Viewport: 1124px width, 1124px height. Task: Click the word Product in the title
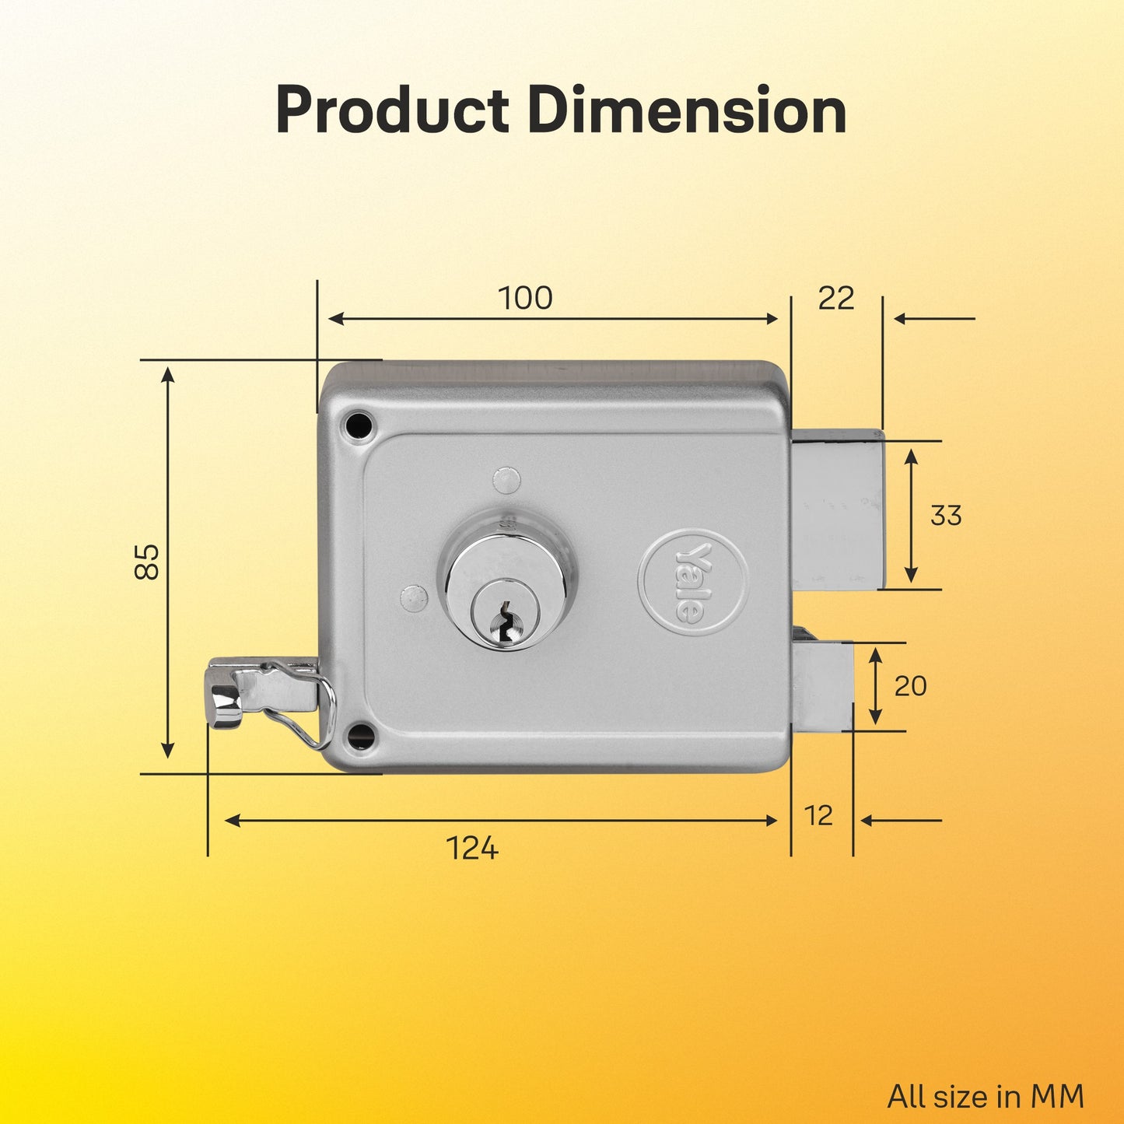point(392,111)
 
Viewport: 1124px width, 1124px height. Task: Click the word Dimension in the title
point(687,111)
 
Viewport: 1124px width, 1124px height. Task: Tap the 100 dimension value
point(525,298)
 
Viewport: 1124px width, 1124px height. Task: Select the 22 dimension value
point(836,298)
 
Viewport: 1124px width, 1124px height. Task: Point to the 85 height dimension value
point(147,561)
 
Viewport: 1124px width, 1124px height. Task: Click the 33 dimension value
point(946,515)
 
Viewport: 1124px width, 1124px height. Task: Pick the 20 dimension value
point(910,686)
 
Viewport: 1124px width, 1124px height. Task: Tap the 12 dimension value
point(818,816)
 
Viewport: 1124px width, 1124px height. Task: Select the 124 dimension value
point(472,848)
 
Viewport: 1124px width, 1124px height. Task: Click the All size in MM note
point(986,1097)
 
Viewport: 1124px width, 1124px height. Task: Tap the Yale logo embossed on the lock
point(692,582)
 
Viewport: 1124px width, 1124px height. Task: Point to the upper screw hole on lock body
point(359,425)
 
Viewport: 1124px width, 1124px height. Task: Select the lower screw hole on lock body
point(360,735)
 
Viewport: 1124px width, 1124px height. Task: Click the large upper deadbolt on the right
point(838,509)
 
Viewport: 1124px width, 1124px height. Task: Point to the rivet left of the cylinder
point(414,597)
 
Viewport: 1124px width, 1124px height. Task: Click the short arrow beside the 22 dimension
point(934,318)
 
